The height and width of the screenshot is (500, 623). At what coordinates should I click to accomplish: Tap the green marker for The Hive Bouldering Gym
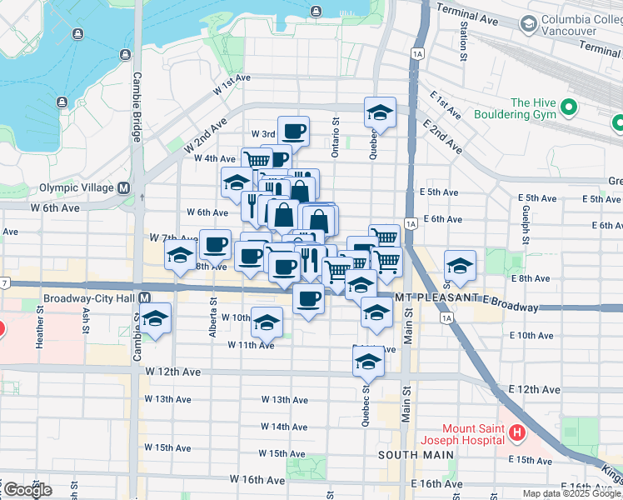click(x=570, y=107)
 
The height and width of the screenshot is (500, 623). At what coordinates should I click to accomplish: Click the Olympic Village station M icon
click(x=124, y=188)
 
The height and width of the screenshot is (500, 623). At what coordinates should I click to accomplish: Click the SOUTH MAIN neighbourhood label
click(x=416, y=455)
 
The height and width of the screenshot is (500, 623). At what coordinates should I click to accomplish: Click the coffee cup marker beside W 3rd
click(x=293, y=131)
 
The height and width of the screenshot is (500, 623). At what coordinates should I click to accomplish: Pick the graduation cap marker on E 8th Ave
click(x=460, y=266)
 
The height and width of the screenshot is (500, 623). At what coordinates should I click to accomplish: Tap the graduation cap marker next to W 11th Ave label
click(x=267, y=322)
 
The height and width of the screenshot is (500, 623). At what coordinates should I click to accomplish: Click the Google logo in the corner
click(x=27, y=489)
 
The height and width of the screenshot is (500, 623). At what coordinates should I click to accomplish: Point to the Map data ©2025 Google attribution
click(x=571, y=493)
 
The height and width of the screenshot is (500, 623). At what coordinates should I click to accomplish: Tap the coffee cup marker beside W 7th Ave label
click(x=215, y=244)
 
